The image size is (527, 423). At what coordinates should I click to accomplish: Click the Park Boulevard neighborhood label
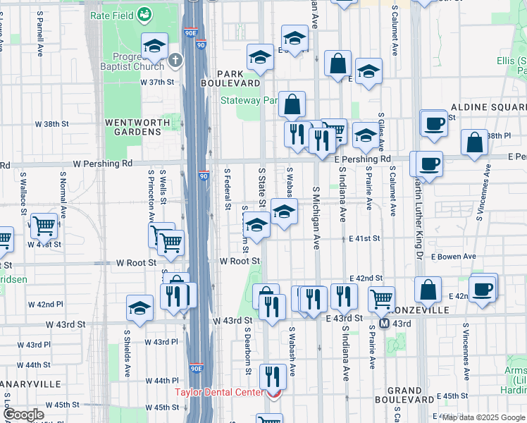240,78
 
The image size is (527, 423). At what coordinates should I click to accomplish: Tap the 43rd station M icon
385,324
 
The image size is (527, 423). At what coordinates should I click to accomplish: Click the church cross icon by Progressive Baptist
176,61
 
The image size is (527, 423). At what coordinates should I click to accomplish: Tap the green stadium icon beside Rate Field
144,13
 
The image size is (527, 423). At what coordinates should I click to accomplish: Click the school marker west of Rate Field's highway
154,47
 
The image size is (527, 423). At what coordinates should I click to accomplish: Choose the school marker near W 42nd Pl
139,308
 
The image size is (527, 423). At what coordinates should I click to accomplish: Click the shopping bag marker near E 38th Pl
475,142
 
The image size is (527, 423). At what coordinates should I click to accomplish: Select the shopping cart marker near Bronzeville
381,298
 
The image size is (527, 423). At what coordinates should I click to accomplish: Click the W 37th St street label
156,82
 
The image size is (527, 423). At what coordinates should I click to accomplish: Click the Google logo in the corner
23,415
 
